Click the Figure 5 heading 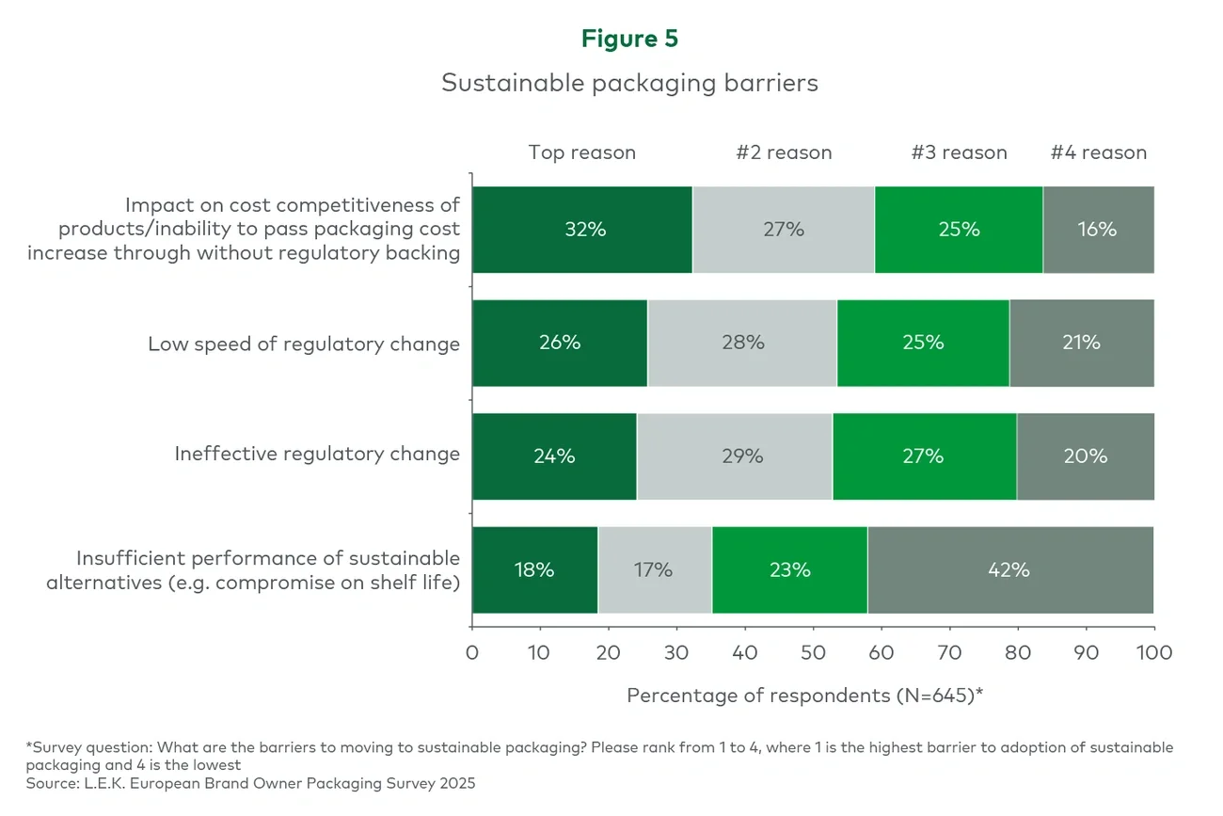[x=629, y=39]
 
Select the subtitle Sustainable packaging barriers [x=629, y=83]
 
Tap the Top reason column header [x=581, y=152]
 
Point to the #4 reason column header [x=1098, y=152]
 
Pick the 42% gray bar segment [x=1009, y=570]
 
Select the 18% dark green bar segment [x=534, y=570]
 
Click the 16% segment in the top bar [x=1098, y=230]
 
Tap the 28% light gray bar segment [x=742, y=343]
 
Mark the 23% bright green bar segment [x=789, y=570]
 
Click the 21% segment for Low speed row [x=1081, y=343]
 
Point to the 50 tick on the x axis [x=813, y=652]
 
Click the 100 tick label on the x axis [x=1153, y=652]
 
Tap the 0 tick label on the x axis [x=472, y=652]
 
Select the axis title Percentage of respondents [x=804, y=696]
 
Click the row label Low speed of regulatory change [x=304, y=344]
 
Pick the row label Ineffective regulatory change [x=317, y=455]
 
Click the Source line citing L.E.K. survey [x=250, y=782]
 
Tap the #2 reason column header [x=784, y=152]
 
